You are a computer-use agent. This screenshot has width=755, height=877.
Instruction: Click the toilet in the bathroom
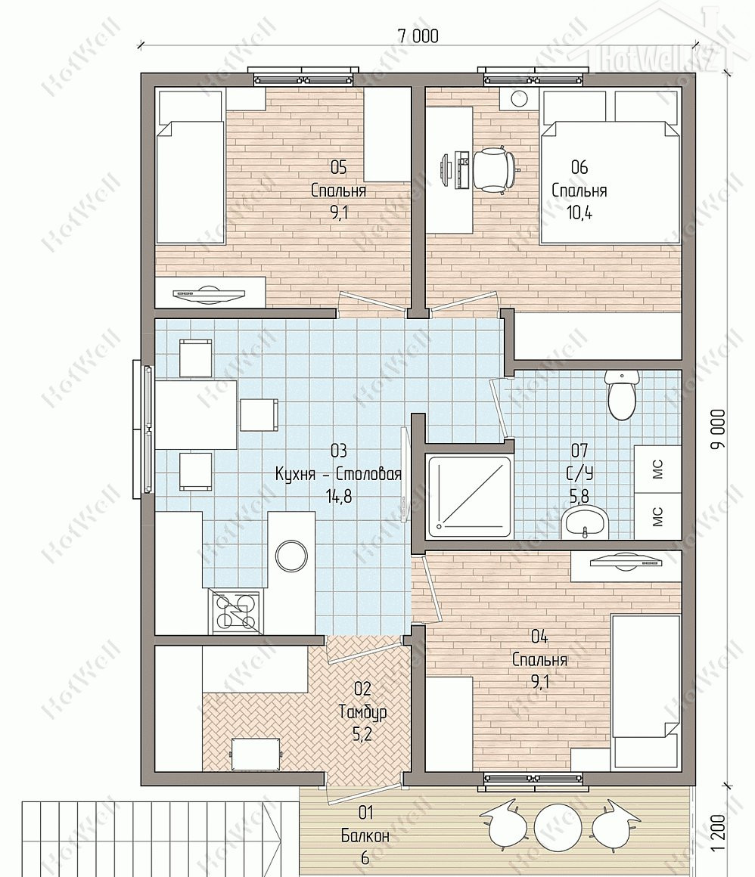[621, 394]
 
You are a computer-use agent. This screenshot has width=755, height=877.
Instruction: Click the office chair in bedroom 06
[496, 170]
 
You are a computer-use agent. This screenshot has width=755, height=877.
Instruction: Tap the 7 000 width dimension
[418, 36]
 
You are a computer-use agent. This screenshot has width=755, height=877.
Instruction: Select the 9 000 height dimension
[719, 429]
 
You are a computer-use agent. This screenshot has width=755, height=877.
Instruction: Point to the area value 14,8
[339, 496]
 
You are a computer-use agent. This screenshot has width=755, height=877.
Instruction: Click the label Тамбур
[362, 711]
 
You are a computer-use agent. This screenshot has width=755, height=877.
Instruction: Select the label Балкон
[365, 836]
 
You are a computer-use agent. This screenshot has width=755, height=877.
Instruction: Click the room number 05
[339, 167]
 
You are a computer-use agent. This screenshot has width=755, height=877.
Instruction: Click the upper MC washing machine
[657, 468]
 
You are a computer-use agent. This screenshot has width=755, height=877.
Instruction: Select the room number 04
[539, 637]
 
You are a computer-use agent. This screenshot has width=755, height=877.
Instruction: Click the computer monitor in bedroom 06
[446, 169]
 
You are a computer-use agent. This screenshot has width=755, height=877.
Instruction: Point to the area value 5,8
[579, 495]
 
